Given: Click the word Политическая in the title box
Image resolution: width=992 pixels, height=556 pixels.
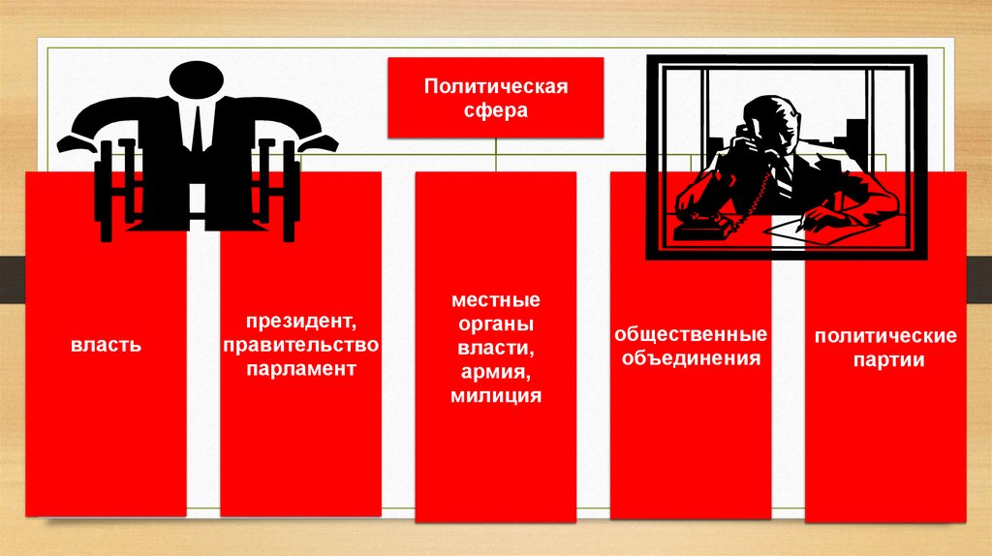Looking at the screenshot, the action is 496,86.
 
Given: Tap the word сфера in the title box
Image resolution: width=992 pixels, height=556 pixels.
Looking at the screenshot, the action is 495,110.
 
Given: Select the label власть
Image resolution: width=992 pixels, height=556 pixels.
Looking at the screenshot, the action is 107,346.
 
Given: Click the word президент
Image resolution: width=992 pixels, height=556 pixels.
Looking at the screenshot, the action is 301,322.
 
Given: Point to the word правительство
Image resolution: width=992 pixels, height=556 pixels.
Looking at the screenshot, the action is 301,346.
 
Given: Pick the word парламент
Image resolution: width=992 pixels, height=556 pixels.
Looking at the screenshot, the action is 301,369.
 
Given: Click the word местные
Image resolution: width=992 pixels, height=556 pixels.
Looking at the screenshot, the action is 496,299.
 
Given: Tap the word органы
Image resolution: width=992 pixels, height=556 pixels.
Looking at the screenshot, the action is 496,324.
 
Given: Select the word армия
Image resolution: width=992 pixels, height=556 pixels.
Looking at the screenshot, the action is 496,373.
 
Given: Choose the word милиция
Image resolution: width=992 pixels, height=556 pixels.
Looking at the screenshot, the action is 496,396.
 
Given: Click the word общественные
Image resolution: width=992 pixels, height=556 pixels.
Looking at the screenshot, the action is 691,334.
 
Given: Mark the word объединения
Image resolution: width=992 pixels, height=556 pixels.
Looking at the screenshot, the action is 691,358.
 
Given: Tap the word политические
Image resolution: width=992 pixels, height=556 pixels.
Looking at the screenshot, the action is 885,336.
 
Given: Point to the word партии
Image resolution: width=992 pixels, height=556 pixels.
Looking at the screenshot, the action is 888,360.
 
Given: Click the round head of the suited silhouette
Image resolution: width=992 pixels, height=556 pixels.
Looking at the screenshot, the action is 197,82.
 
